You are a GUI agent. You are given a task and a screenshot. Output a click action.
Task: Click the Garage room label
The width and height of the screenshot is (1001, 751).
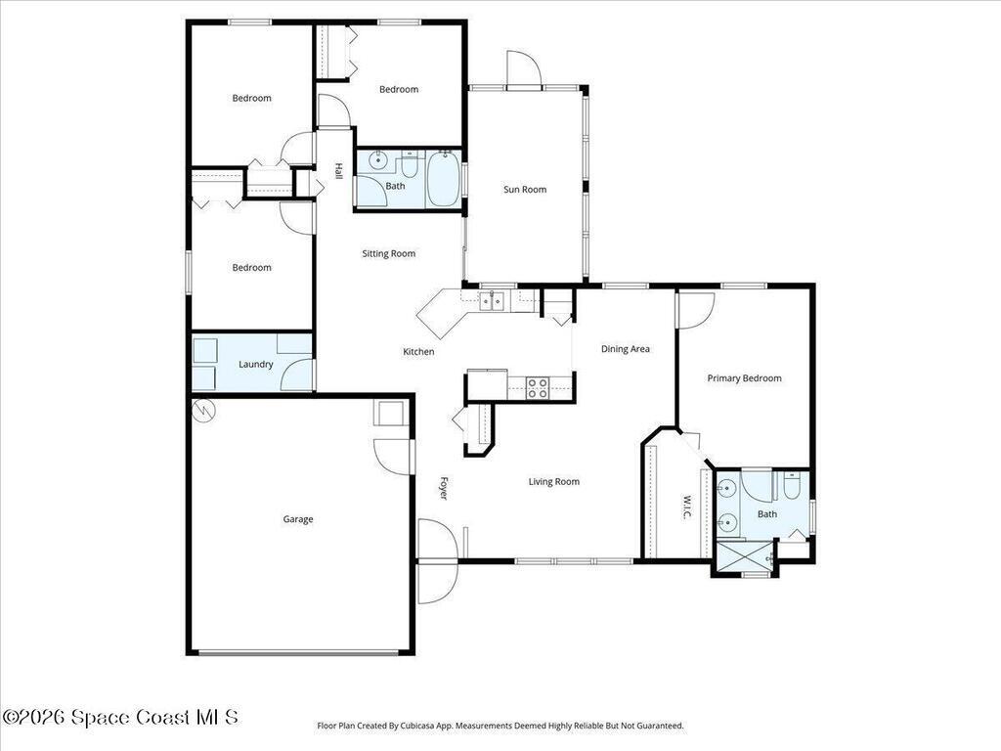tap(298, 519)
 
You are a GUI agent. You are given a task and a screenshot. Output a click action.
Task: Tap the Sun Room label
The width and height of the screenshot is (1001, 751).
tap(525, 190)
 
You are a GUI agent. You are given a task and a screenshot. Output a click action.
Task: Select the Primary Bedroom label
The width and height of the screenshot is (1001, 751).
tap(745, 378)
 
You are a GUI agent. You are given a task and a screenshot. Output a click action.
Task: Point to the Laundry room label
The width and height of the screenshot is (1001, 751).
tap(256, 365)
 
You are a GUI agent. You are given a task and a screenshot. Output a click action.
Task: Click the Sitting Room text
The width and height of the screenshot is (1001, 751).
tap(389, 254)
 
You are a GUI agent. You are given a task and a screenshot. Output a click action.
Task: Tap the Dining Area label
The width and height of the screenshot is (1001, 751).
tap(626, 349)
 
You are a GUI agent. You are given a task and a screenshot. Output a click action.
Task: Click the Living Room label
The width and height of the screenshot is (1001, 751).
tap(554, 482)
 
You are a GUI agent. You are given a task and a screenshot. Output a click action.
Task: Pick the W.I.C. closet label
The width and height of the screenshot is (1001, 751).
tap(686, 507)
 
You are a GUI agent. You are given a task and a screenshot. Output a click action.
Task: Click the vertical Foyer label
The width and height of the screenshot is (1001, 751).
tap(443, 488)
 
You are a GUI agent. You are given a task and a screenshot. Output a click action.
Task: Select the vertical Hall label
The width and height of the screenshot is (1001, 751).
tap(338, 170)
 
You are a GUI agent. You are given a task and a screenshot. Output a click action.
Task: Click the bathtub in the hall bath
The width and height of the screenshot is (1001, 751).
tap(443, 179)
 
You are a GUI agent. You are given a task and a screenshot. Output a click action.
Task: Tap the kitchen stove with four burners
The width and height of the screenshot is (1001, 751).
tap(538, 388)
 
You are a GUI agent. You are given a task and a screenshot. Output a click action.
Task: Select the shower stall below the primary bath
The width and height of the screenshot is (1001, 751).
tap(743, 557)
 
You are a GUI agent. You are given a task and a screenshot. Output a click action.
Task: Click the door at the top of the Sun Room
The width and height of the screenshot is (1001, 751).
tap(523, 69)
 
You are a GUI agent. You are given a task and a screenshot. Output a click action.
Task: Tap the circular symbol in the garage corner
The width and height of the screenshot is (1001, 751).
tap(204, 411)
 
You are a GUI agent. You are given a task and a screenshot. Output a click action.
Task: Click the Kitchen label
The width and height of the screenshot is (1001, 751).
tap(419, 352)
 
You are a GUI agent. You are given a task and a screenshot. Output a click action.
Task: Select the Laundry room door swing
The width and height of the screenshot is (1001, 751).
tap(298, 375)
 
